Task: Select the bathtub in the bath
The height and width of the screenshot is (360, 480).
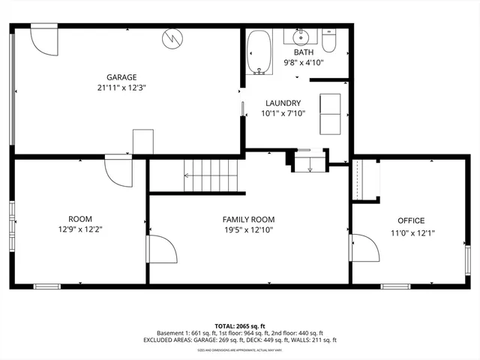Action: pos(259,52)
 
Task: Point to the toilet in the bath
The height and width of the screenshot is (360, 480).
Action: pos(329,42)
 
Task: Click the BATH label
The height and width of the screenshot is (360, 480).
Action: pos(304,52)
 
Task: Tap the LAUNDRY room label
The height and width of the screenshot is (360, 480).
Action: pos(283,103)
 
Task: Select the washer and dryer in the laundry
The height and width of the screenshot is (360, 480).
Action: pos(331,113)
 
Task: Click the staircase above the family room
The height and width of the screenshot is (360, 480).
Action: pos(211,176)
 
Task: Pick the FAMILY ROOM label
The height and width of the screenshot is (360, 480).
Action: pos(248,219)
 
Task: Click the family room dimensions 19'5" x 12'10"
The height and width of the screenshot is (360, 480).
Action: pos(248,230)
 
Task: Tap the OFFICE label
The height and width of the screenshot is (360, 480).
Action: pos(411,220)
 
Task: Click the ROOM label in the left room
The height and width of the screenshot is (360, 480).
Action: pos(79,218)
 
